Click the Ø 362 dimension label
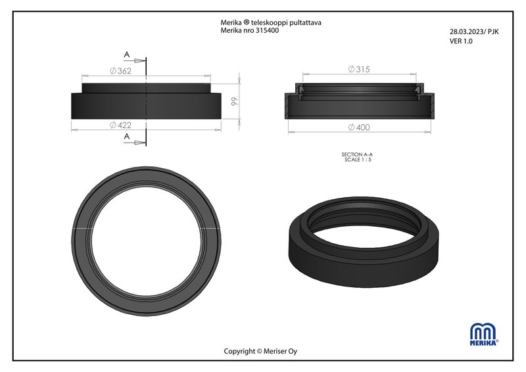pos(120,71)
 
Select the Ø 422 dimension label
pos(120,125)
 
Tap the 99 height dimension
pos(235,101)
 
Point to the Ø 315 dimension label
pos(359,69)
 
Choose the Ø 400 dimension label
pos(359,127)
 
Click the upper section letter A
pos(126,55)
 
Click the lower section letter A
pos(126,137)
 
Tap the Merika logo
pos(484,334)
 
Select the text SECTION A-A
pos(357,154)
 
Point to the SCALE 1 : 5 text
pos(358,159)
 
